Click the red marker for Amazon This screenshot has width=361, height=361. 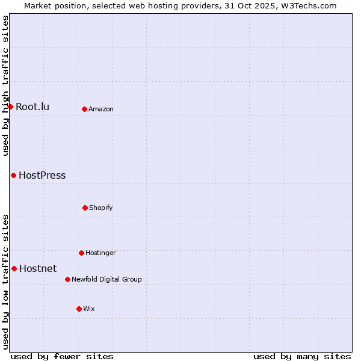[x=84, y=109]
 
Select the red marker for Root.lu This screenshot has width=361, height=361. [x=10, y=106]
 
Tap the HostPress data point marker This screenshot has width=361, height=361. [x=13, y=175]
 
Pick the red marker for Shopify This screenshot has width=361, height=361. [x=85, y=208]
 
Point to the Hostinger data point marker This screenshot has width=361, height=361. [x=81, y=253]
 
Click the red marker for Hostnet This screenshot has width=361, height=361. [x=14, y=268]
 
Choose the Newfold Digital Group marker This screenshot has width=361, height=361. [x=67, y=279]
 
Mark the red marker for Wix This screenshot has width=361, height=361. [x=79, y=309]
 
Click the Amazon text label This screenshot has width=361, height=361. [x=101, y=110]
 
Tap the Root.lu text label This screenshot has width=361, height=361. [x=32, y=107]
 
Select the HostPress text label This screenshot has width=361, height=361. [x=42, y=176]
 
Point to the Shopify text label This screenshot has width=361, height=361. [x=101, y=208]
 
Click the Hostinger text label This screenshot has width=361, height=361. [x=100, y=253]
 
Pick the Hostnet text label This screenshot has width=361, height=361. [x=38, y=269]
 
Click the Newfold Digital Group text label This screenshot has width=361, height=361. [x=106, y=280]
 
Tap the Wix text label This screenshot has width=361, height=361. [x=89, y=309]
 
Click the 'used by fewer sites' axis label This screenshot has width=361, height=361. [x=62, y=357]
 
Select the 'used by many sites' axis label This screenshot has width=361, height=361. [x=302, y=357]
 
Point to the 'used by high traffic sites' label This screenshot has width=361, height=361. [x=5, y=85]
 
